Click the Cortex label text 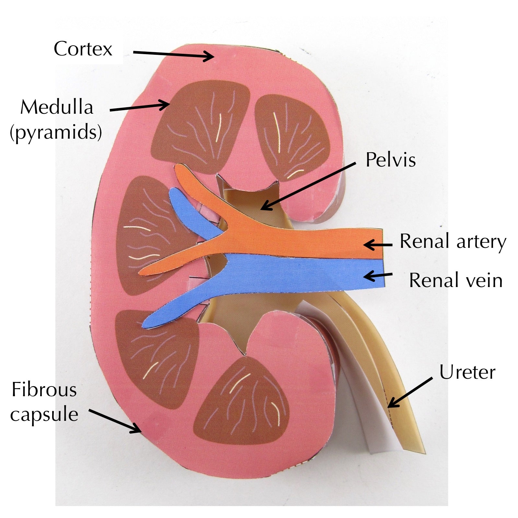(x=83, y=49)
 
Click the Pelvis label (x=390, y=160)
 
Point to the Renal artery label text (x=453, y=242)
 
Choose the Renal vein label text (x=455, y=281)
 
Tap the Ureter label (x=467, y=373)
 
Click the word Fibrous (x=44, y=390)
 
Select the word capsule (x=44, y=414)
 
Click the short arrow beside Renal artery (x=378, y=245)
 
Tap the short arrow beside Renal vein (x=378, y=276)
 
